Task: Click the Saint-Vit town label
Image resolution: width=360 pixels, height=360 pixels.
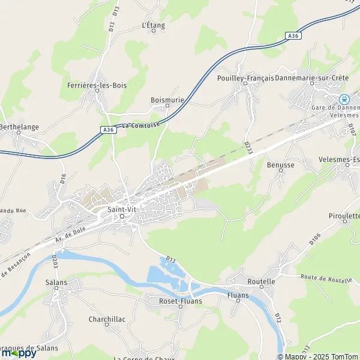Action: tap(122, 209)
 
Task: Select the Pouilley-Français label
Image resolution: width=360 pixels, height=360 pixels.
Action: tap(245, 79)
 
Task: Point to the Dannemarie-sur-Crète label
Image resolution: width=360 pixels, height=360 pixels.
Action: tap(312, 79)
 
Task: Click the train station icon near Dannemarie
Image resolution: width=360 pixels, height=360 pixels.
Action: tap(344, 100)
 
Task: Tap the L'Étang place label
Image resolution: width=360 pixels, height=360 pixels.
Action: tap(153, 25)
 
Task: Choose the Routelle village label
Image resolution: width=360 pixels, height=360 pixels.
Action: tap(262, 281)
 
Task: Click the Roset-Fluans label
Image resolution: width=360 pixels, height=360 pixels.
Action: tap(181, 301)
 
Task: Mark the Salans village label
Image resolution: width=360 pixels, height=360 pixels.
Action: tap(55, 282)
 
